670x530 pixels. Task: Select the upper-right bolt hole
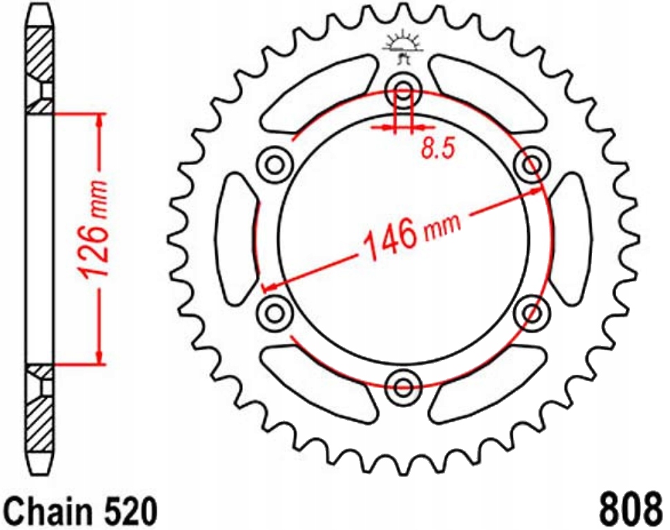pos(532,164)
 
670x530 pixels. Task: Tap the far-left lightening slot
pos(237,238)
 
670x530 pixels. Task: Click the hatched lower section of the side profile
pos(40,421)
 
